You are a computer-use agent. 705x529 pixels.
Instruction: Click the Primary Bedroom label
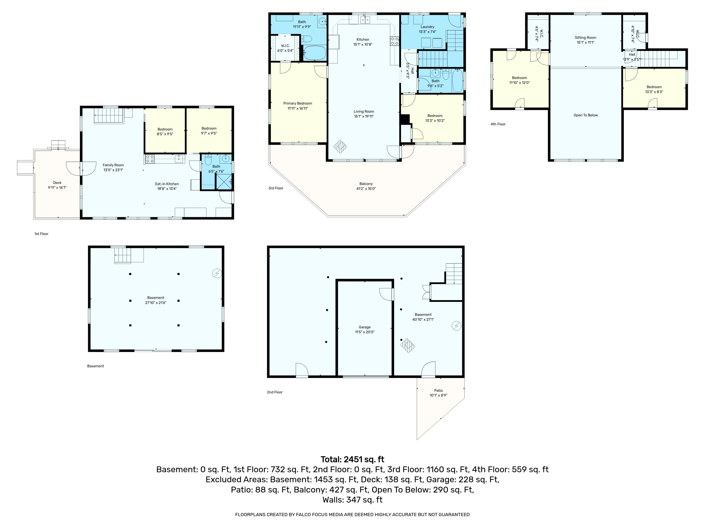(x=298, y=103)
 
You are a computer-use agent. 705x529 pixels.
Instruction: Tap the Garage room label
(x=365, y=327)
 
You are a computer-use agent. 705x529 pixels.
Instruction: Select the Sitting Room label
(x=585, y=38)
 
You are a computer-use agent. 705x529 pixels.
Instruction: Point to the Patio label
(x=438, y=391)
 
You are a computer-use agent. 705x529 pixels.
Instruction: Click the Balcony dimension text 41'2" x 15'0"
(x=366, y=189)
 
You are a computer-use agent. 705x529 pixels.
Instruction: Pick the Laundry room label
(x=427, y=27)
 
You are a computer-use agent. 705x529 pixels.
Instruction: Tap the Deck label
(x=57, y=183)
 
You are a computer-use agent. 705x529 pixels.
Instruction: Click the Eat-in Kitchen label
(x=167, y=184)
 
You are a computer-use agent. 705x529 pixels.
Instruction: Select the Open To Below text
(x=585, y=115)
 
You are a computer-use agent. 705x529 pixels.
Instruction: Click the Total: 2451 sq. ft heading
(x=352, y=459)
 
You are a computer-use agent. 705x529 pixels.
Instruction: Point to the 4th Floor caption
(x=498, y=124)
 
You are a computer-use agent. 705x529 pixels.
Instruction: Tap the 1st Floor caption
(x=41, y=234)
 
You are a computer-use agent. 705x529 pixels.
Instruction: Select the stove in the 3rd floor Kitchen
(x=395, y=41)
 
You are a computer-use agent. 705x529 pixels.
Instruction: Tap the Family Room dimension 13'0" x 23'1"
(x=113, y=170)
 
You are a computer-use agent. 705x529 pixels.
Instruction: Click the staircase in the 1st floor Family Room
(x=109, y=115)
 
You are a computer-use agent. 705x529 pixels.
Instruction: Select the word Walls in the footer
(x=333, y=500)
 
